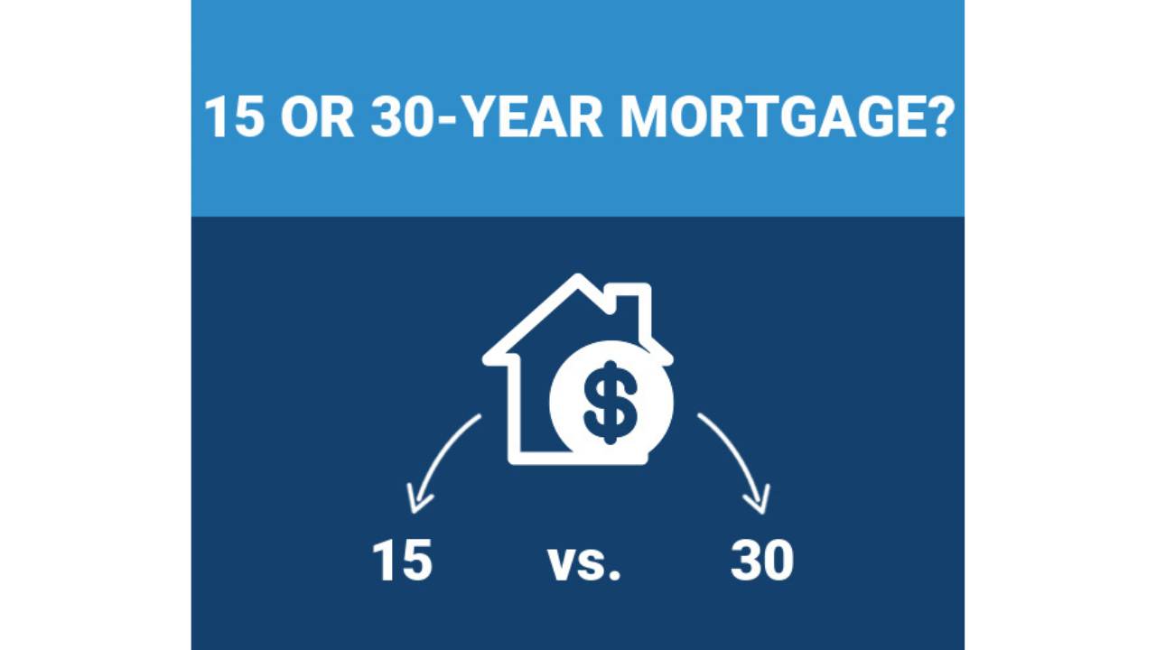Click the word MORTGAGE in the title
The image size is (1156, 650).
(x=768, y=117)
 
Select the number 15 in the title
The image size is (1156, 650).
(x=234, y=117)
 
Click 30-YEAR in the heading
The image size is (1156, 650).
(x=486, y=117)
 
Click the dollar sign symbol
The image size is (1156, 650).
(x=611, y=401)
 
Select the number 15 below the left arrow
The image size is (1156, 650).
(x=403, y=561)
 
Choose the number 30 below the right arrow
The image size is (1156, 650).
(x=761, y=561)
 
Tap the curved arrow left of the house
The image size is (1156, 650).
(x=443, y=451)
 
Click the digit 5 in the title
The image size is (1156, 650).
(x=248, y=117)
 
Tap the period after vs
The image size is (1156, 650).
(x=615, y=575)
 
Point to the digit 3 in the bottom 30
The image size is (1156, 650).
(x=746, y=561)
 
